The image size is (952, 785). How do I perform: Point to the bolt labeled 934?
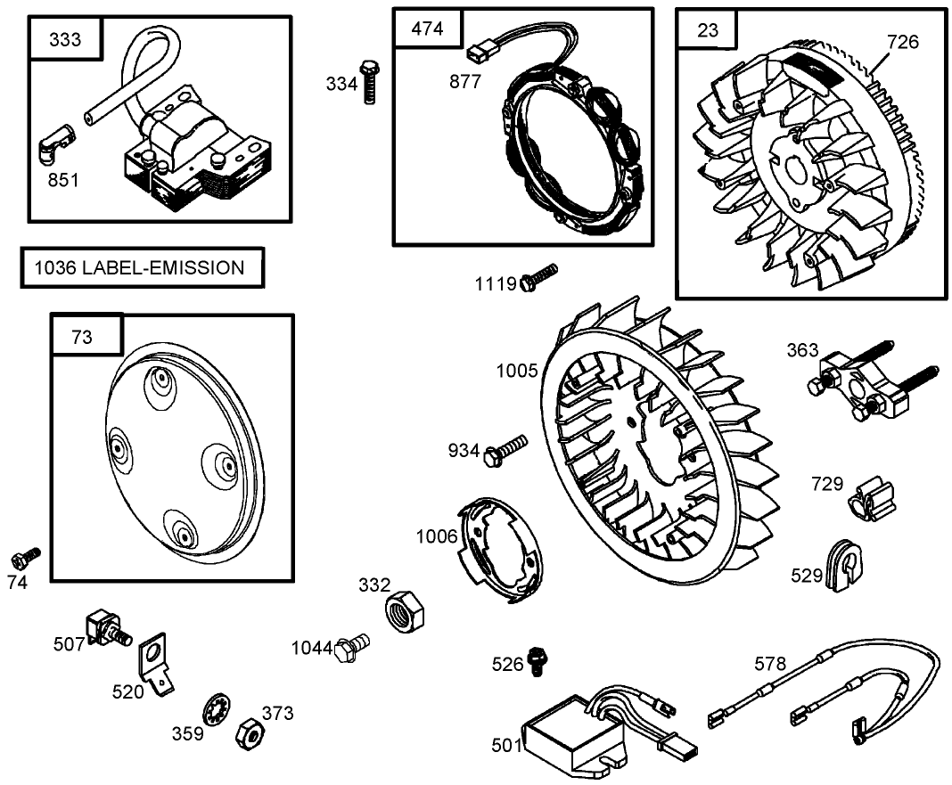coord(505,448)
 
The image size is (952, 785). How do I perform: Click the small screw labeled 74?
coord(25,558)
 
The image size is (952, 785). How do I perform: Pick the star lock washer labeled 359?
coord(216,710)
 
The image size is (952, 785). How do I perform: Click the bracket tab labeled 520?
coord(157,665)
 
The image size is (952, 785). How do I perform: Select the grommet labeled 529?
coord(842,563)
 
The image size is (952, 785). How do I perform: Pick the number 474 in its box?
coord(427,29)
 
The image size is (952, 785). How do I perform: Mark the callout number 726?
coord(902,42)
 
